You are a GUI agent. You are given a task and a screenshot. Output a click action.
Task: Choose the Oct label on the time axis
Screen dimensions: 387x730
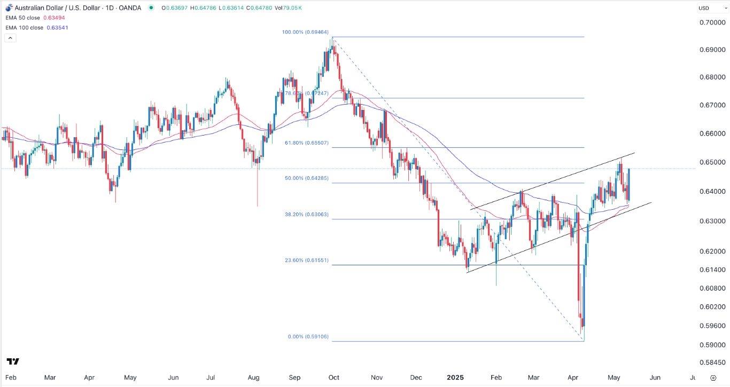(x=334, y=377)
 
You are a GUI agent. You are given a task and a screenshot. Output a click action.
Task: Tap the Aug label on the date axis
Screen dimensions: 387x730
(x=254, y=377)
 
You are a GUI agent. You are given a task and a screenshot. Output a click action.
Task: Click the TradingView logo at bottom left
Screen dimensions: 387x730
(x=13, y=361)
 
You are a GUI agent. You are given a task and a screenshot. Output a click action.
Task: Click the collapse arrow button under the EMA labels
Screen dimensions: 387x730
(x=10, y=38)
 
